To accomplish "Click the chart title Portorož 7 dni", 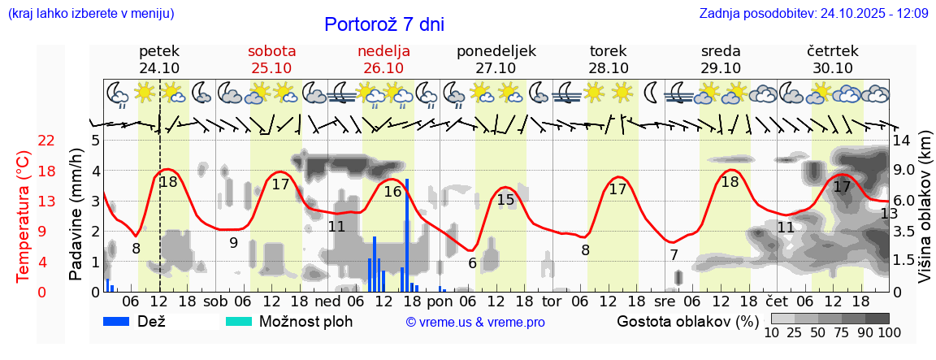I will click(x=384, y=24).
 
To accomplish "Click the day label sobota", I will click(x=271, y=51).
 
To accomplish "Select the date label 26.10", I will click(x=383, y=68).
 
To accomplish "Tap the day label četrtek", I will click(x=832, y=51).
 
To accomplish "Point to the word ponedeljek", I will click(x=496, y=51).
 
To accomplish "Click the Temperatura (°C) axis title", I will click(x=24, y=216).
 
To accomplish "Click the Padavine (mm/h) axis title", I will click(x=76, y=215).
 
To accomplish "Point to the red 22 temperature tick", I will click(x=46, y=141).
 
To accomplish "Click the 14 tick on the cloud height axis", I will click(x=903, y=140).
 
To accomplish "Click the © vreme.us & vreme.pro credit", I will click(x=475, y=322).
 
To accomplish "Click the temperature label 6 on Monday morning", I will click(x=472, y=262).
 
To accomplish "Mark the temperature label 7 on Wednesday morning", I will click(x=674, y=254).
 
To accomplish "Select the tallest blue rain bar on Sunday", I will click(x=406, y=234).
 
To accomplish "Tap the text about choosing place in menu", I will click(x=90, y=14).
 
